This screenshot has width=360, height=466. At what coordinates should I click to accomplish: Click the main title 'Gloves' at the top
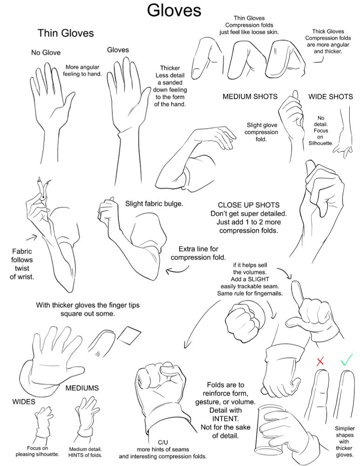point(174,10)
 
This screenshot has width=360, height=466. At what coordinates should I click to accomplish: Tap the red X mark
point(320,362)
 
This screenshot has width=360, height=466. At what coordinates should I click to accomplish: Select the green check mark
point(346,360)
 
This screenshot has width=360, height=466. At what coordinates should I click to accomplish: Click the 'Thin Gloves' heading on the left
point(66,33)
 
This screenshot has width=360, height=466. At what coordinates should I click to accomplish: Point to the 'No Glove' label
point(46,53)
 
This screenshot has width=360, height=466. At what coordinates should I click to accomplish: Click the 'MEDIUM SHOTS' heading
point(250,96)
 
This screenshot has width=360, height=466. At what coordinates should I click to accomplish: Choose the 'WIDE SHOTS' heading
point(331,96)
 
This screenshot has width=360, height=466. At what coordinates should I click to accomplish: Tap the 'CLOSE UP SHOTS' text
point(249,205)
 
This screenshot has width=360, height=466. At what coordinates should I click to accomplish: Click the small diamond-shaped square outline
point(129,336)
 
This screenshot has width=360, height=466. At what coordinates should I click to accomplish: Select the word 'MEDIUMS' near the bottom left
point(82,388)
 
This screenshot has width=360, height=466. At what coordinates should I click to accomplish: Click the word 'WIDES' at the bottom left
point(24,402)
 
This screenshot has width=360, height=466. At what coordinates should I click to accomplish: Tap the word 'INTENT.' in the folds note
point(225,419)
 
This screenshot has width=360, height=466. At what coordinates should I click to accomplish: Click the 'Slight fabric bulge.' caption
point(154,204)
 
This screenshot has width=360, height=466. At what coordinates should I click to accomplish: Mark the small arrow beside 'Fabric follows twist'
point(32,237)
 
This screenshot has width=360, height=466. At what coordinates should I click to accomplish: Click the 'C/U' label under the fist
point(163,442)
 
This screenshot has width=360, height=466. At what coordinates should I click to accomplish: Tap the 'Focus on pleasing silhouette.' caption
point(37,451)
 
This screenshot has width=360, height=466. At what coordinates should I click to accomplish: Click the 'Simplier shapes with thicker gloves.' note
point(345,442)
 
